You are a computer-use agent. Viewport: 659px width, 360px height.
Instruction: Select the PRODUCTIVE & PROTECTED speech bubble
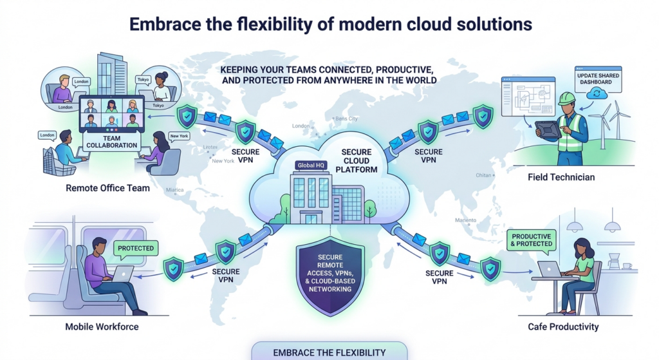tap(532, 240)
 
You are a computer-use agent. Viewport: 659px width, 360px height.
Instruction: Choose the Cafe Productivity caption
tap(562, 327)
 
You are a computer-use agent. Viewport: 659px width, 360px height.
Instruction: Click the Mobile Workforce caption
tap(102, 327)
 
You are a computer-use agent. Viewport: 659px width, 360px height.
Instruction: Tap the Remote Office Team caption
tap(107, 189)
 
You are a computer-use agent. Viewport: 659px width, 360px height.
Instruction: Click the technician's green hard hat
tap(566, 98)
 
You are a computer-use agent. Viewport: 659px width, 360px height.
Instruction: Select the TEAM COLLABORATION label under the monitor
tap(111, 141)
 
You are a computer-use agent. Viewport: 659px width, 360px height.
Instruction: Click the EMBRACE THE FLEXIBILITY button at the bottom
tap(329, 352)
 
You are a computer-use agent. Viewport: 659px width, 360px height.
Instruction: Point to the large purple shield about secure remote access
tap(329, 274)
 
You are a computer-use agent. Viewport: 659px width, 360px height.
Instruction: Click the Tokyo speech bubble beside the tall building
tap(143, 80)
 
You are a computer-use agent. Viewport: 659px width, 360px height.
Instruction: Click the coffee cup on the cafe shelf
tap(627, 265)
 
